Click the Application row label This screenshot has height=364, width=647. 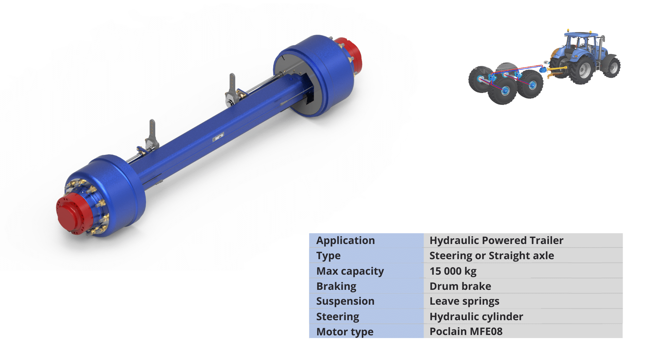pyautogui.click(x=345, y=241)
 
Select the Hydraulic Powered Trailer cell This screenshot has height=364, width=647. pyautogui.click(x=496, y=241)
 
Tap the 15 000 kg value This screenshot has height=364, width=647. pyautogui.click(x=453, y=271)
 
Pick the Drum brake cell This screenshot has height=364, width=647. pyautogui.click(x=460, y=286)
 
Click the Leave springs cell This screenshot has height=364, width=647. pyautogui.click(x=464, y=301)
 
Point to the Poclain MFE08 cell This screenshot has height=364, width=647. pyautogui.click(x=466, y=332)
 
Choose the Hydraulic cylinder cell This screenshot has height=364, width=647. pyautogui.click(x=476, y=316)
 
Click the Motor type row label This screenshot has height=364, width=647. pyautogui.click(x=345, y=332)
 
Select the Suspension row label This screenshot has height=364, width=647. pyautogui.click(x=345, y=301)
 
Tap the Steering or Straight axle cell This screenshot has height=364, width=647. pyautogui.click(x=491, y=256)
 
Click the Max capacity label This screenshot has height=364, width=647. pyautogui.click(x=350, y=271)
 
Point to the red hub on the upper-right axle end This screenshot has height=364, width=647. pyautogui.click(x=352, y=54)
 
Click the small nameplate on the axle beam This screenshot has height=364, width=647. pyautogui.click(x=218, y=137)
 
